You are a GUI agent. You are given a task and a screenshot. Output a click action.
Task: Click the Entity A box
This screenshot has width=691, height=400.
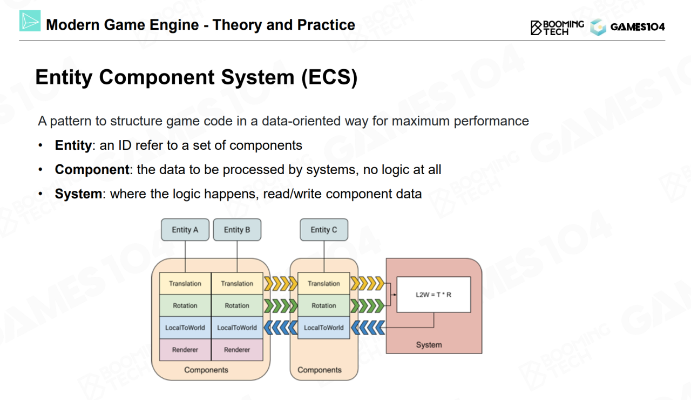tap(185, 230)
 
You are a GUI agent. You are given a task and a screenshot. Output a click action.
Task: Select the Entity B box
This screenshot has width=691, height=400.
tap(237, 230)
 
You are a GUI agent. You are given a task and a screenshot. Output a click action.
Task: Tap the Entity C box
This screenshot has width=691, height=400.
tap(324, 230)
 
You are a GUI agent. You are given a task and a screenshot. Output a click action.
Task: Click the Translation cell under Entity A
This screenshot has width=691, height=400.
tap(185, 284)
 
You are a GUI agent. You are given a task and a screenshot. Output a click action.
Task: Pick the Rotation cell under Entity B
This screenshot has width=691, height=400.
tap(237, 306)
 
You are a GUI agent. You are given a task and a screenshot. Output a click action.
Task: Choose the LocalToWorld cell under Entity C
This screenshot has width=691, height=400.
tap(324, 328)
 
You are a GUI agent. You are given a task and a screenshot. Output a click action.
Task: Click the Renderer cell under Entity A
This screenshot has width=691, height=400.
tap(185, 350)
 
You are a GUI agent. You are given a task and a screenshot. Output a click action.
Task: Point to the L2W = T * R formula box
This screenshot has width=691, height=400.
tap(433, 295)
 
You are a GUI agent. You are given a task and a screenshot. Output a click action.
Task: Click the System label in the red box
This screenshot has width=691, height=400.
tap(429, 345)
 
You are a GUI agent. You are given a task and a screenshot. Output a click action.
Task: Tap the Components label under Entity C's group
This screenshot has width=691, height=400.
tap(320, 370)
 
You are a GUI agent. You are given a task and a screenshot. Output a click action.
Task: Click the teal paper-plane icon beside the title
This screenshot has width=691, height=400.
tap(30, 21)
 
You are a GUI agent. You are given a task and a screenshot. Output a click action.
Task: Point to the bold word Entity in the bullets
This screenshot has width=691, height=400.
tap(73, 145)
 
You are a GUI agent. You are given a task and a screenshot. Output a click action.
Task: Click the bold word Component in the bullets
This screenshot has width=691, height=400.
tap(92, 170)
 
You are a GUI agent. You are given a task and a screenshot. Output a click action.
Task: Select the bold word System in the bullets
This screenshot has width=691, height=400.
tap(78, 194)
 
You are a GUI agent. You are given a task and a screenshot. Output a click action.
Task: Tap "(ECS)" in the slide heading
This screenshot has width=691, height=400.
tap(329, 78)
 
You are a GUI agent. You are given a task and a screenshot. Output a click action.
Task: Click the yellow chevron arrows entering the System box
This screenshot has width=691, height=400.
tap(367, 283)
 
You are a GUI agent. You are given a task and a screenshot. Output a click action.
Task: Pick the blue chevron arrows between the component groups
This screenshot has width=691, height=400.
tap(280, 328)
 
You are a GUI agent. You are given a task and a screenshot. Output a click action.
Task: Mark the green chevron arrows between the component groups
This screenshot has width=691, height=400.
tap(280, 306)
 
